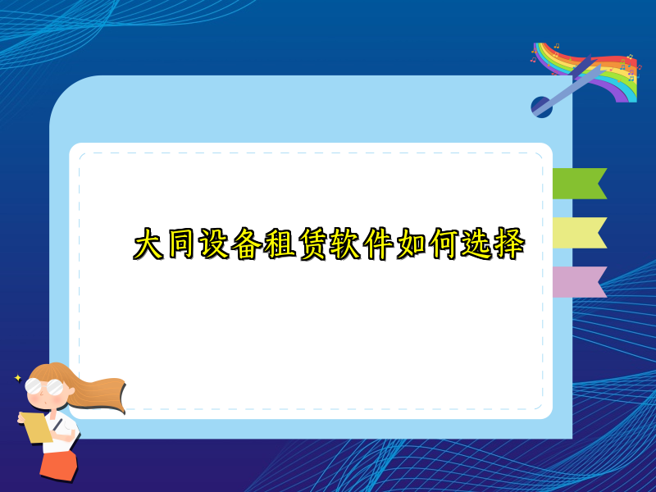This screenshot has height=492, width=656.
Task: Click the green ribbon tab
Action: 577,184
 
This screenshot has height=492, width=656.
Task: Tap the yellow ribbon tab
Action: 577,233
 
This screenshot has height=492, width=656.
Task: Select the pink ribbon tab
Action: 577,281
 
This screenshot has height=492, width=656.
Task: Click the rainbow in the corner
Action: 607,70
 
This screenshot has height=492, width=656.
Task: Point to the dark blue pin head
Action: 541,107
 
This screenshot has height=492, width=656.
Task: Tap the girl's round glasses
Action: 44,386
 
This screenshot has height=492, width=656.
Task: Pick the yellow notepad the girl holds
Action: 36,427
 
